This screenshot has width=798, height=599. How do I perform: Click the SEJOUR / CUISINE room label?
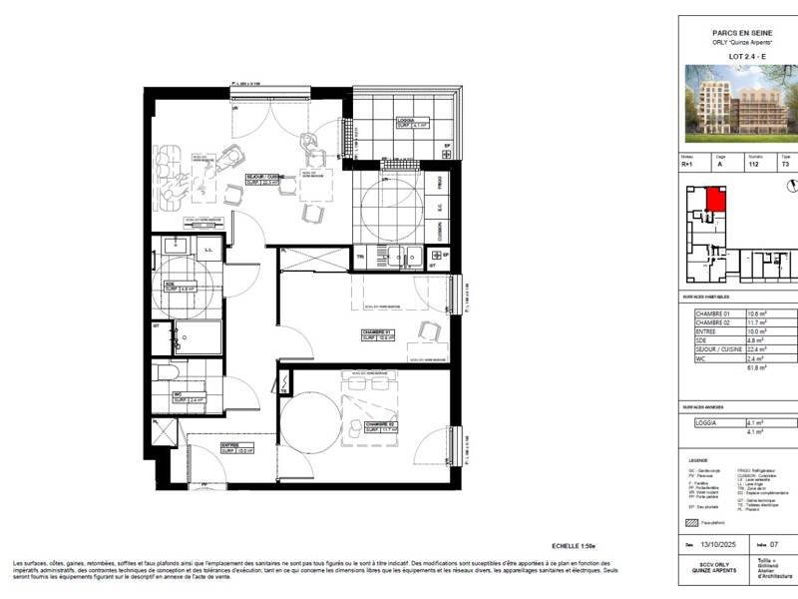coord(263,181)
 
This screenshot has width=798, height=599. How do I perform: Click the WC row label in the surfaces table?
coord(701,358)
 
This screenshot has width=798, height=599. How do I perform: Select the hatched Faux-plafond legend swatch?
coord(688,522)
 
